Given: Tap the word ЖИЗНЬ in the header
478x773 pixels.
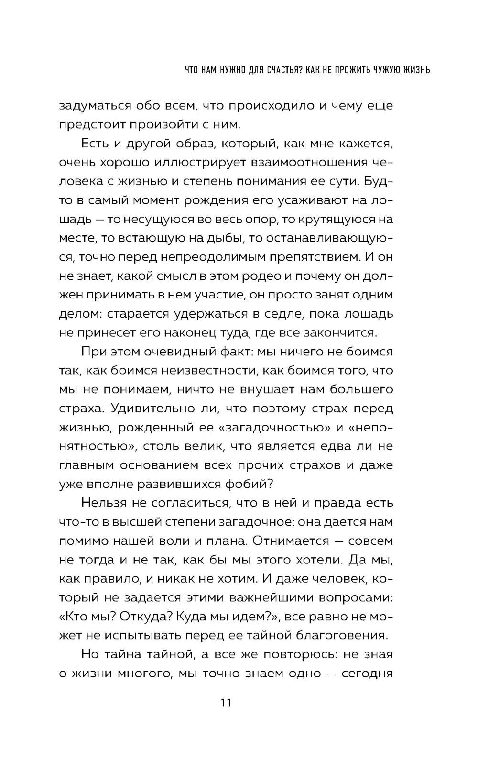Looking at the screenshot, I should click(x=412, y=70).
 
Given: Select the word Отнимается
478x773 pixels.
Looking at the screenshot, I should click(x=290, y=541).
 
